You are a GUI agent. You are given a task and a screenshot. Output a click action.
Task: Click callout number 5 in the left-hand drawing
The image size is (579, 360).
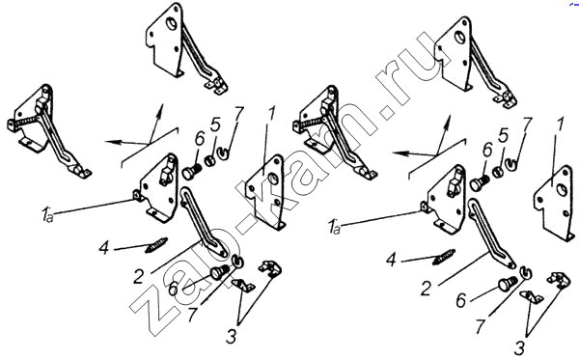214,125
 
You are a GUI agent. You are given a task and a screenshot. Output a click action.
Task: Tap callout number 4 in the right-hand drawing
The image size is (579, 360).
391,261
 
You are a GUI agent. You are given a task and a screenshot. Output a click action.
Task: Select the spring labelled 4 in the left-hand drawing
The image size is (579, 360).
156,245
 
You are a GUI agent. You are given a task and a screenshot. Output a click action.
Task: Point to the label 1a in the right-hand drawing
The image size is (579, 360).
335,226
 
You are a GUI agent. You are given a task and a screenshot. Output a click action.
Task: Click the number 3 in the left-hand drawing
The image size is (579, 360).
231,337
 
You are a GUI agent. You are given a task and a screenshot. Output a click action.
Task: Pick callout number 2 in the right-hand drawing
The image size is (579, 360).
426,289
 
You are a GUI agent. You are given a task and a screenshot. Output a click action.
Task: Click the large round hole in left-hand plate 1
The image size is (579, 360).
273,180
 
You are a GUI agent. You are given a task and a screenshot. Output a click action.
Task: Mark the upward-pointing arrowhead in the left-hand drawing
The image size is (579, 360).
159,110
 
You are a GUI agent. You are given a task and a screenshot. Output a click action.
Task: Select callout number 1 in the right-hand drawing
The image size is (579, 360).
560,125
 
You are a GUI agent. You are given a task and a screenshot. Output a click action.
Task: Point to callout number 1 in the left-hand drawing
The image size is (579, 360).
271,115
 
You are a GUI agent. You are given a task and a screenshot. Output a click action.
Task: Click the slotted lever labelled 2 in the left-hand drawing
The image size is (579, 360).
203,222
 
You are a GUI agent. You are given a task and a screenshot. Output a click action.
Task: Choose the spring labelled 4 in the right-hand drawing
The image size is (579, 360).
444,257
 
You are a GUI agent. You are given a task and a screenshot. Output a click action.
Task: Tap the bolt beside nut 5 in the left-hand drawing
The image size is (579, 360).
191,173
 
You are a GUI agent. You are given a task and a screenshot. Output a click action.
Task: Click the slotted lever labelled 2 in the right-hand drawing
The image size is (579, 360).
491,233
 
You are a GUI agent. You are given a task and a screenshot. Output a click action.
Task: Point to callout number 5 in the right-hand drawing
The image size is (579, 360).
502,137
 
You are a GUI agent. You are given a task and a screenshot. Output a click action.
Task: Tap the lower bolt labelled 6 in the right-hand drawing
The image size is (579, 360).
509,284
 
